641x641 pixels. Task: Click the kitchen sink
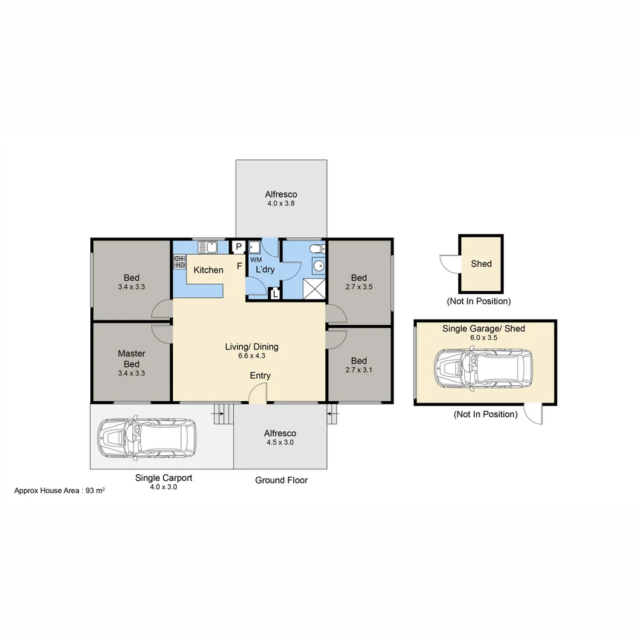tap(208, 246)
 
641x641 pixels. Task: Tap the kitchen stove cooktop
tap(179, 262)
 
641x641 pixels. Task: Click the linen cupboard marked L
tap(275, 293)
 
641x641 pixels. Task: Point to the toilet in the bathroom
tap(317, 248)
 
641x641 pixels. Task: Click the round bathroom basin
tap(319, 266)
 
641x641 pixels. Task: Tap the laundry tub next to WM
tap(255, 247)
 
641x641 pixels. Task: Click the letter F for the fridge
tap(239, 266)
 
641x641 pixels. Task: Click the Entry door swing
tap(259, 394)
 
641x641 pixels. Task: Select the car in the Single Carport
tap(147, 439)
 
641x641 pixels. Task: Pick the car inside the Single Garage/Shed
tap(483, 370)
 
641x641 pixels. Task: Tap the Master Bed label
tap(131, 358)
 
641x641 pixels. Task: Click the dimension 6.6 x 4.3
tap(252, 357)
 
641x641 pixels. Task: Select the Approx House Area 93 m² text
tap(59, 491)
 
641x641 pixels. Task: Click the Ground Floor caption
tap(281, 480)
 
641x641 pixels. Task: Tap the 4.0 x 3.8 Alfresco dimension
tap(281, 203)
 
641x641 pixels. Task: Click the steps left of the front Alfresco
tap(221, 414)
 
